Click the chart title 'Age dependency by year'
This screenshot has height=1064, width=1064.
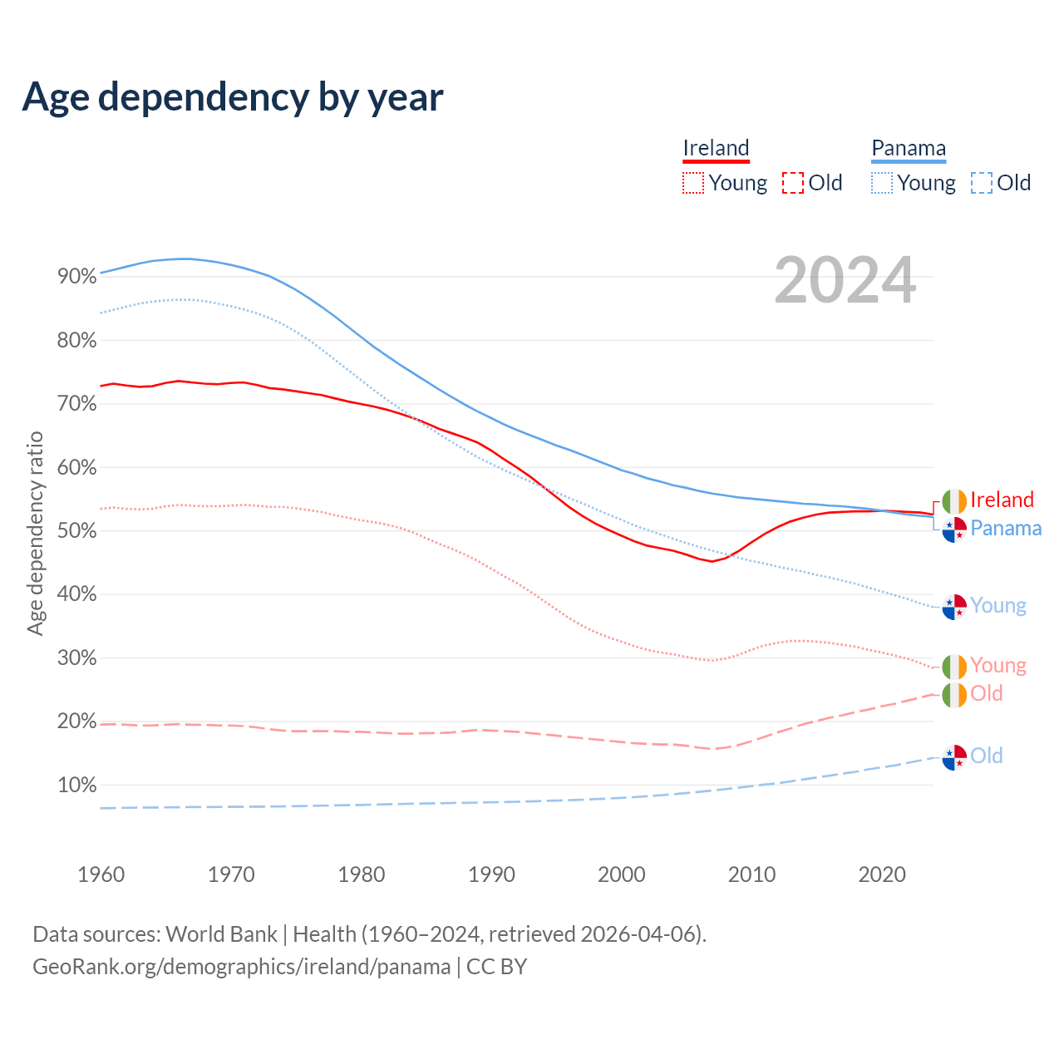(233, 96)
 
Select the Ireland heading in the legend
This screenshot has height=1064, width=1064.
(716, 148)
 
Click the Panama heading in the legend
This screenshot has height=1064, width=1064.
(909, 148)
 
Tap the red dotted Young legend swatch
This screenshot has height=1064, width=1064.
(692, 183)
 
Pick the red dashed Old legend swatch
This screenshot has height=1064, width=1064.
(793, 183)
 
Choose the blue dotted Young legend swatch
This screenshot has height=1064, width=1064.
(882, 183)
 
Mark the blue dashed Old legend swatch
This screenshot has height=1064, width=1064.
(982, 183)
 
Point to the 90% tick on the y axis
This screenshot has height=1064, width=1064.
(77, 277)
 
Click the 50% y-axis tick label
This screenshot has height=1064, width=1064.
(77, 531)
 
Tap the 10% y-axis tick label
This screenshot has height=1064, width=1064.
(77, 786)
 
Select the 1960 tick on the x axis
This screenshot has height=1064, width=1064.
(101, 874)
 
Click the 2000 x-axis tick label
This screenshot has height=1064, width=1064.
(622, 874)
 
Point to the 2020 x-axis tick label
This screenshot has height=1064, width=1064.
(882, 874)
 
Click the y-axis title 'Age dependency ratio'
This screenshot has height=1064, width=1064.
(35, 532)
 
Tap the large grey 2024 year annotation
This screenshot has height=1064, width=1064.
(845, 280)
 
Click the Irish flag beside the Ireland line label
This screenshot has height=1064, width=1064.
(954, 501)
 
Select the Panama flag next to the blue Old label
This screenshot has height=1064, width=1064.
(954, 757)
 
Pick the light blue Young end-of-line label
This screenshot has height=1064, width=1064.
(998, 605)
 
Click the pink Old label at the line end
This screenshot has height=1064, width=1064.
(987, 693)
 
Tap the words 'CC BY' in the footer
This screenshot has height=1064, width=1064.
(496, 967)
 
